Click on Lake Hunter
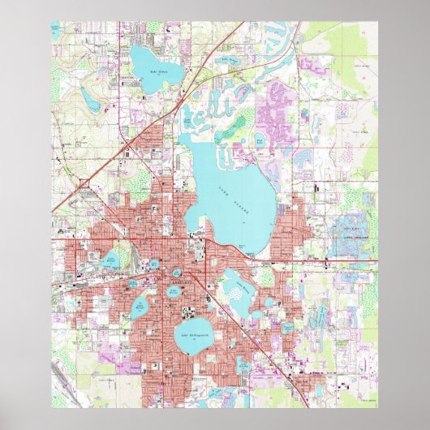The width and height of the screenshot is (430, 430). [x=140, y=307]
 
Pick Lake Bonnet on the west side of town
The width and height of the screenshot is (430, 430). [x=109, y=262]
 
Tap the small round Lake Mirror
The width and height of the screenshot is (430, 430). [x=176, y=273]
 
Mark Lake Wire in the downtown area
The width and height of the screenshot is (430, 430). [x=153, y=264]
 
